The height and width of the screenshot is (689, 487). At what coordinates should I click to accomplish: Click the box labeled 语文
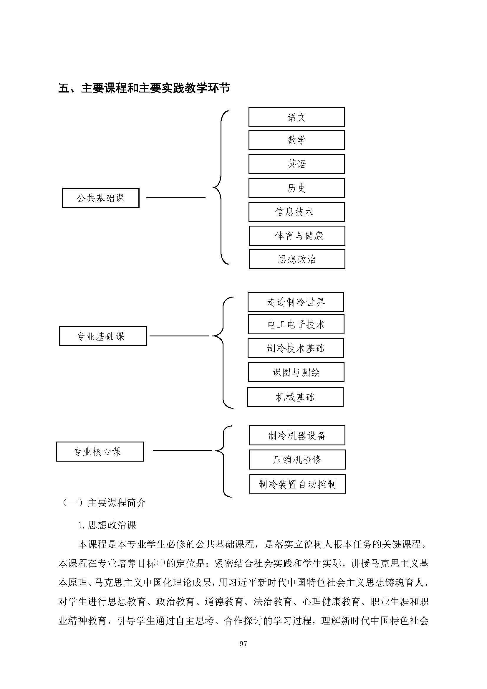[x=296, y=117]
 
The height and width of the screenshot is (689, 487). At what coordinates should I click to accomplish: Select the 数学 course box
[x=296, y=140]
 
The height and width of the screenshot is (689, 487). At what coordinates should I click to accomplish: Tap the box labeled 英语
[x=296, y=164]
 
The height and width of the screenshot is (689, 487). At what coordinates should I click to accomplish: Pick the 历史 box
[x=296, y=188]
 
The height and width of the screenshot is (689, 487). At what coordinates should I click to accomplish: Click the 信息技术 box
[x=296, y=212]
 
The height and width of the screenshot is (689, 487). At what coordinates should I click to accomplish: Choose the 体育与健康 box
[x=297, y=236]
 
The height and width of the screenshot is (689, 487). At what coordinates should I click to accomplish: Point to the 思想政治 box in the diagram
[x=297, y=259]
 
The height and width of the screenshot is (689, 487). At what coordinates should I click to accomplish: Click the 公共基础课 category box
[x=101, y=198]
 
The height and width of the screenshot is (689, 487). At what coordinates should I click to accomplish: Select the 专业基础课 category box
[x=103, y=336]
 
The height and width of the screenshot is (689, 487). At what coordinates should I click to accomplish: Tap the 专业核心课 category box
[x=100, y=451]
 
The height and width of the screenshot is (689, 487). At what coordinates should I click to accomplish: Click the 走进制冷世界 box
[x=296, y=302]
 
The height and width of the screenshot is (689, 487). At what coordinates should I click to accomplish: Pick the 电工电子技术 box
[x=296, y=324]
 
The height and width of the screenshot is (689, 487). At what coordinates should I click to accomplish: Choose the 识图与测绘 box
[x=296, y=372]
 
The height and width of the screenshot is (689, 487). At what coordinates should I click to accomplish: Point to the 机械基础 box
[x=295, y=397]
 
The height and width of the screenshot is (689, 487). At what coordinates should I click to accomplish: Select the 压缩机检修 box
[x=297, y=460]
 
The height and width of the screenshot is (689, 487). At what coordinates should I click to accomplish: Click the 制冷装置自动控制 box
[x=297, y=484]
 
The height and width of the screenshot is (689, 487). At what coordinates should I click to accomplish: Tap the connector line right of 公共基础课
[x=176, y=198]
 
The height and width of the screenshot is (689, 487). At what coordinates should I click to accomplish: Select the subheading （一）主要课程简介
[x=103, y=503]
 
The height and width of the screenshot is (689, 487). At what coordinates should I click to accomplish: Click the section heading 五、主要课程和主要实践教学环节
[x=144, y=88]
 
